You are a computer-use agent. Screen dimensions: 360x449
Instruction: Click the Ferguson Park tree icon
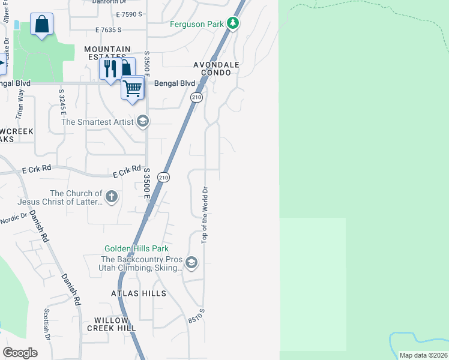point(233,24)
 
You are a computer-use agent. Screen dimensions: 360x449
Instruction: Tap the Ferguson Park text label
point(196,25)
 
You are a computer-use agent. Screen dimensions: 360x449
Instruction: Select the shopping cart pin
point(132,88)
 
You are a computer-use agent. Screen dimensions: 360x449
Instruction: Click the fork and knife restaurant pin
point(109,68)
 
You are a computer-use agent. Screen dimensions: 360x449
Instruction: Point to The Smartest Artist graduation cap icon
point(142,122)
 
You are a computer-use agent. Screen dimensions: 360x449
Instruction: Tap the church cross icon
point(111,196)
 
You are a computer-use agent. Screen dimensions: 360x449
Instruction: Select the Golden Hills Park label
point(136,248)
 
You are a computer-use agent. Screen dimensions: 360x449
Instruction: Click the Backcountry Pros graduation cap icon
point(191,262)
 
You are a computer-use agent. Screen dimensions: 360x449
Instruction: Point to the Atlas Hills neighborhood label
point(138,293)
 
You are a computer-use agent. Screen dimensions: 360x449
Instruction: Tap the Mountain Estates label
point(107,53)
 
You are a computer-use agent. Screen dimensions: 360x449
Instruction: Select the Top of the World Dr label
point(205,214)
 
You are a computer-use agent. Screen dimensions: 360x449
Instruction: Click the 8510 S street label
point(196,316)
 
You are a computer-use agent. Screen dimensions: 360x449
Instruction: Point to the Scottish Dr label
point(46,324)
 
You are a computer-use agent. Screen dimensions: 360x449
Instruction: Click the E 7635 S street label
point(108,29)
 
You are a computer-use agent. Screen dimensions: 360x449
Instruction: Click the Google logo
point(20,352)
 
